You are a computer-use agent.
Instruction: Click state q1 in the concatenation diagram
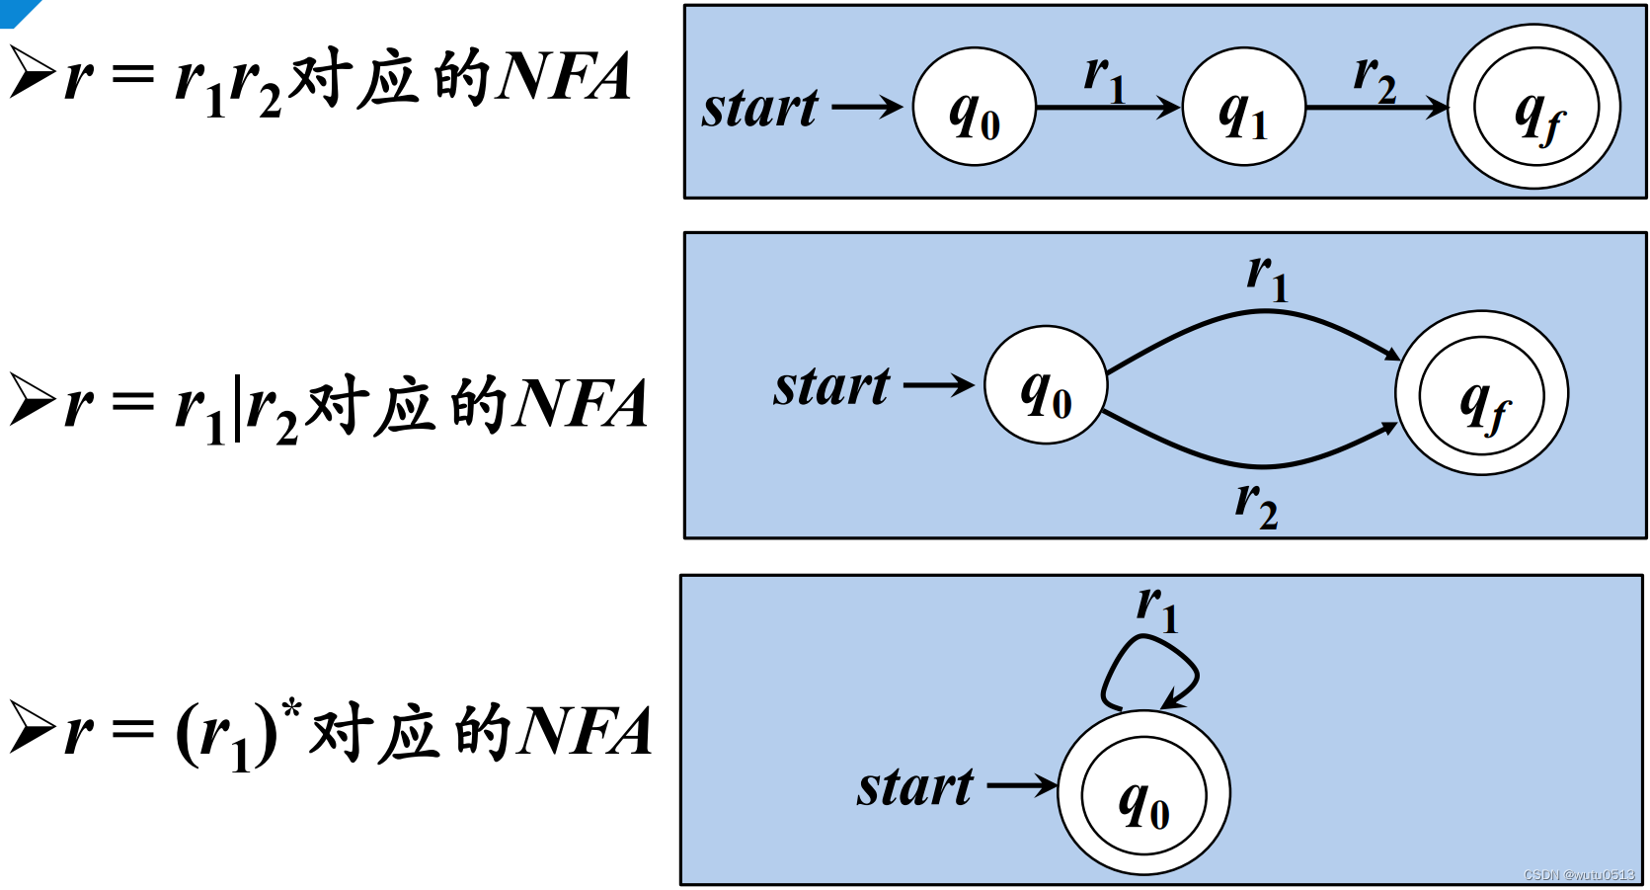pos(1243,107)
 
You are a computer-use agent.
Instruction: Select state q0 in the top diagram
pos(974,107)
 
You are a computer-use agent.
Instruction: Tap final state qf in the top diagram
pos(1534,107)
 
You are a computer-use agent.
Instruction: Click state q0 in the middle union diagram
pos(1046,384)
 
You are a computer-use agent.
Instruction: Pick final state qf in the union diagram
pos(1481,393)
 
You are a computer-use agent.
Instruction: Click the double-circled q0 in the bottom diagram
pos(1143,793)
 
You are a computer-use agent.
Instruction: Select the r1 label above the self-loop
pos(1157,608)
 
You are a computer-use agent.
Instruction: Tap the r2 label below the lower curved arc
pos(1256,505)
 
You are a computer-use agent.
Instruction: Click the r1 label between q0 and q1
pos(1104,78)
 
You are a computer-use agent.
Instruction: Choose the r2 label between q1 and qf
pos(1375,78)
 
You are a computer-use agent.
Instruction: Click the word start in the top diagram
pos(759,108)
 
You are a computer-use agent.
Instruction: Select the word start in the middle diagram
pos(831,386)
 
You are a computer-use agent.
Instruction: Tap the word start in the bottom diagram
pos(914,787)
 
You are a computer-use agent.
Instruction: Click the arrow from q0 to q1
pos(1108,107)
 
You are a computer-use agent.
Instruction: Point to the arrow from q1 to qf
pos(1376,107)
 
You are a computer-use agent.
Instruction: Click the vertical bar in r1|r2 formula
pos(237,407)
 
